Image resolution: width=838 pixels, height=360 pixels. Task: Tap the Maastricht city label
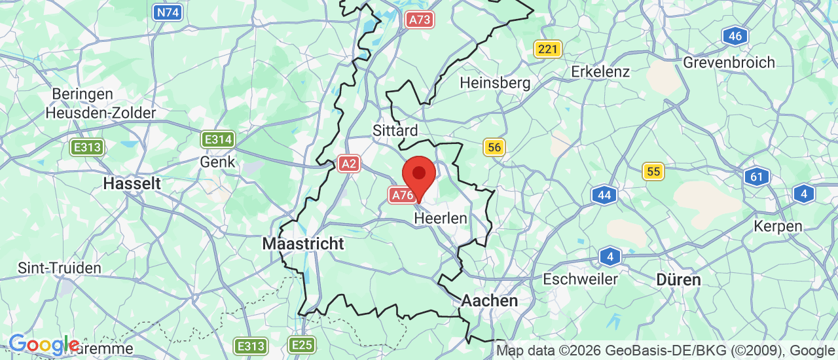tap(303, 243)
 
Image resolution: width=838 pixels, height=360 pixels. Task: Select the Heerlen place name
tap(441, 218)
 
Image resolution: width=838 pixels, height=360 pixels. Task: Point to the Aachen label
tap(490, 300)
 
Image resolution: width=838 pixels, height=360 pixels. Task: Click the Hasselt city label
tap(132, 183)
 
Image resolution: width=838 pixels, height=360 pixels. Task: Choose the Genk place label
tap(217, 161)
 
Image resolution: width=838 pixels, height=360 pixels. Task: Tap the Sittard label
tap(395, 130)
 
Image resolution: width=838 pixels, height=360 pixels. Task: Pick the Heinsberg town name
tap(495, 83)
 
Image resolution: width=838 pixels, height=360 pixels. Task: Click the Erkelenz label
tap(600, 71)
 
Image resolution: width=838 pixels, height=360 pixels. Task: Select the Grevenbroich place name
tap(729, 63)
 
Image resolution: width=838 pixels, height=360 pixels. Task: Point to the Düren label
tap(679, 279)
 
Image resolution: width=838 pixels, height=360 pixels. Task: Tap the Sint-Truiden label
tap(60, 268)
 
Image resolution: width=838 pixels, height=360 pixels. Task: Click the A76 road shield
tap(401, 194)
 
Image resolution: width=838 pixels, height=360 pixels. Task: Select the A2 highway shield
tap(349, 164)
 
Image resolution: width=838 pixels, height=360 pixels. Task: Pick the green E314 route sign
tap(218, 139)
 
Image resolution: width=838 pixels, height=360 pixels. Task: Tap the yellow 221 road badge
tap(547, 48)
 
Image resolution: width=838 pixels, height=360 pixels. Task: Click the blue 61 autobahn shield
tap(757, 176)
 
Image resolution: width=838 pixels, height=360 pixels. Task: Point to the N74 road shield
tap(168, 12)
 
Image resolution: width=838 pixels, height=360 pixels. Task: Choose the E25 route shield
tap(302, 345)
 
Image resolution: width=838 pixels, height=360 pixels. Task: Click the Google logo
tap(43, 344)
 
